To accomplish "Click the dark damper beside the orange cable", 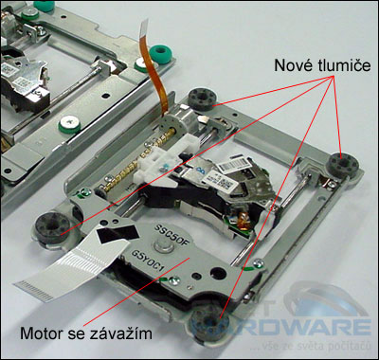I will [x=200, y=98].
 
